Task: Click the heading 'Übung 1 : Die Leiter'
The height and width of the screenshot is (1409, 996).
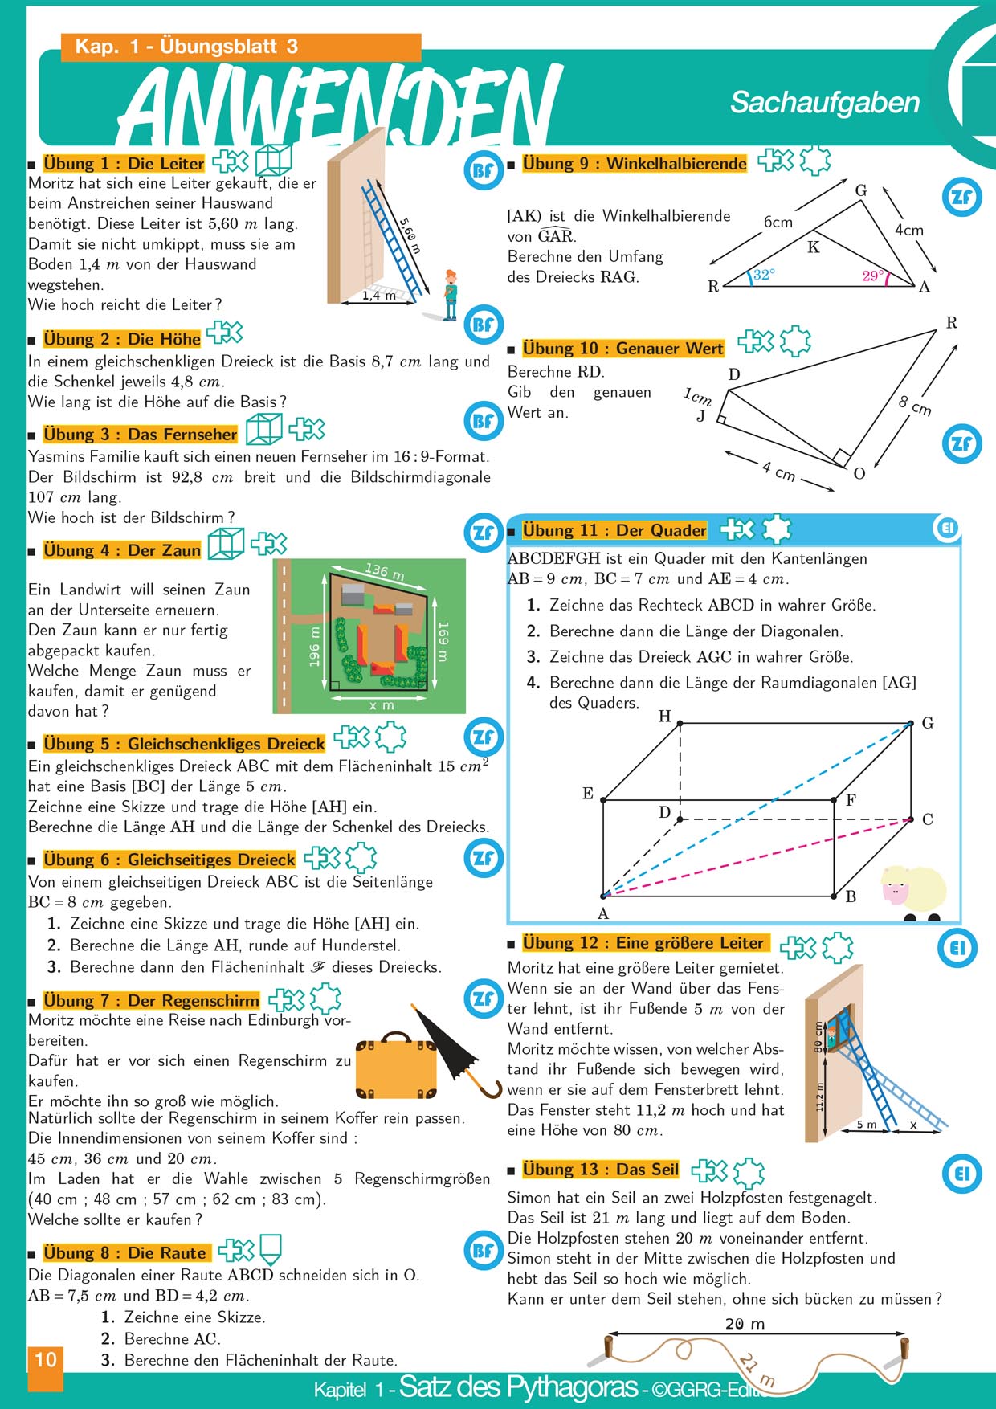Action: pos(124,164)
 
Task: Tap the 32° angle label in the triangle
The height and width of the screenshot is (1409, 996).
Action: pos(764,275)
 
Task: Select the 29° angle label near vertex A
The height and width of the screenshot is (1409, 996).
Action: pos(872,276)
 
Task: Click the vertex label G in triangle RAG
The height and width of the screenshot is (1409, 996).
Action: pos(861,190)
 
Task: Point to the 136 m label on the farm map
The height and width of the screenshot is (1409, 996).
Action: pos(385,571)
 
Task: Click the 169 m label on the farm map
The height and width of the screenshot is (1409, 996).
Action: pos(443,641)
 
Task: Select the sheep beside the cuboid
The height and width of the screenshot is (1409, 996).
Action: pos(913,892)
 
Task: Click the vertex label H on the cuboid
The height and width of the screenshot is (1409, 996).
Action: pos(664,716)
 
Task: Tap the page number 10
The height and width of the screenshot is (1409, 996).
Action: pos(45,1359)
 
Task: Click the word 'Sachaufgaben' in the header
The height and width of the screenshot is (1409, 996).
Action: pos(825,103)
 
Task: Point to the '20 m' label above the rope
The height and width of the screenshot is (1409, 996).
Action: pos(745,1324)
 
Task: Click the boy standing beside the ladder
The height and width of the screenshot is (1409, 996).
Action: pos(451,295)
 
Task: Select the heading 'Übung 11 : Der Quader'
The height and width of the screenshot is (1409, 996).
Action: pos(614,530)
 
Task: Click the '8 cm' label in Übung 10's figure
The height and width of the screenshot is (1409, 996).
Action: pos(915,406)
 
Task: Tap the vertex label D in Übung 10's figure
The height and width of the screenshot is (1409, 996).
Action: pos(734,374)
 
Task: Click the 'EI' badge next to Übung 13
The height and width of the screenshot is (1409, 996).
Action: pos(961,1174)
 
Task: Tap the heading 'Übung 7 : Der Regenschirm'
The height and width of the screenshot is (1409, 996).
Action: pos(151,1001)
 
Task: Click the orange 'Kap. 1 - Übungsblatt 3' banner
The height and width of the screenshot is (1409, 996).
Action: pos(241,47)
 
